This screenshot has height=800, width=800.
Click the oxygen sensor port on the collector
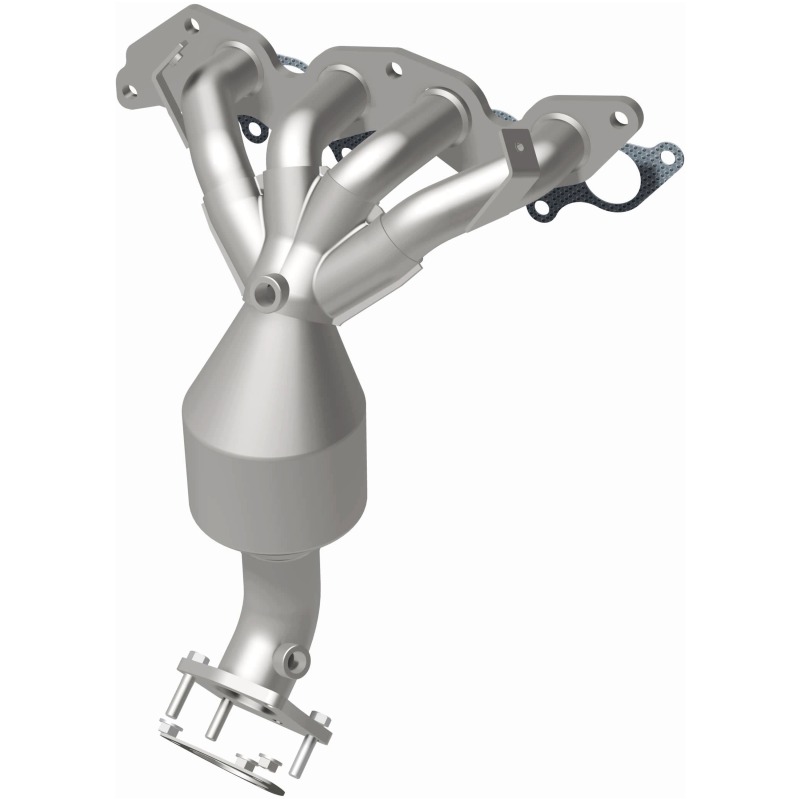267,293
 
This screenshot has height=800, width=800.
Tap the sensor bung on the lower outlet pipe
294,659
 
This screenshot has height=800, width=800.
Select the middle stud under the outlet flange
214,718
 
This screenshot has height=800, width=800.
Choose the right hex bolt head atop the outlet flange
320,718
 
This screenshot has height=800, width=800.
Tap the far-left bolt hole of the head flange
128,91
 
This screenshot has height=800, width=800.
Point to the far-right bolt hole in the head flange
620,118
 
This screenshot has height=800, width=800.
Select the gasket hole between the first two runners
252,128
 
